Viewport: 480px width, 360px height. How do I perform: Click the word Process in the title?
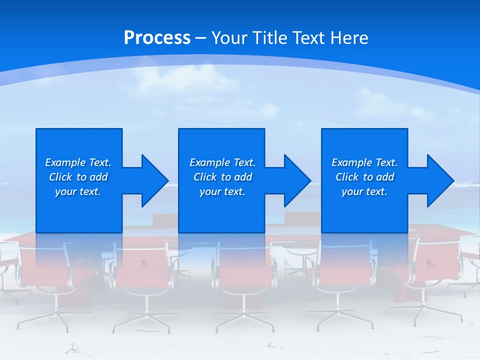157,38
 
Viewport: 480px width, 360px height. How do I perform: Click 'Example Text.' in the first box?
78,162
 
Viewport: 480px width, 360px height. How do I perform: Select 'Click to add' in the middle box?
222,177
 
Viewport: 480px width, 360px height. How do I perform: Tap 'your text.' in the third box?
364,191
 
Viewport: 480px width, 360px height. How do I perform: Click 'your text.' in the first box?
78,191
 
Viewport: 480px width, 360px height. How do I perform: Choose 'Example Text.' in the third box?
364,162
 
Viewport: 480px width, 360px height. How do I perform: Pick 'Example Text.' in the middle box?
222,162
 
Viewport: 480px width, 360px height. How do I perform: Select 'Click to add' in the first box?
78,177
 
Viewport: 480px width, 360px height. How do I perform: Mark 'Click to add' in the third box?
364,177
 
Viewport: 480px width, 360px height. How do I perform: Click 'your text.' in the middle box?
222,191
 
